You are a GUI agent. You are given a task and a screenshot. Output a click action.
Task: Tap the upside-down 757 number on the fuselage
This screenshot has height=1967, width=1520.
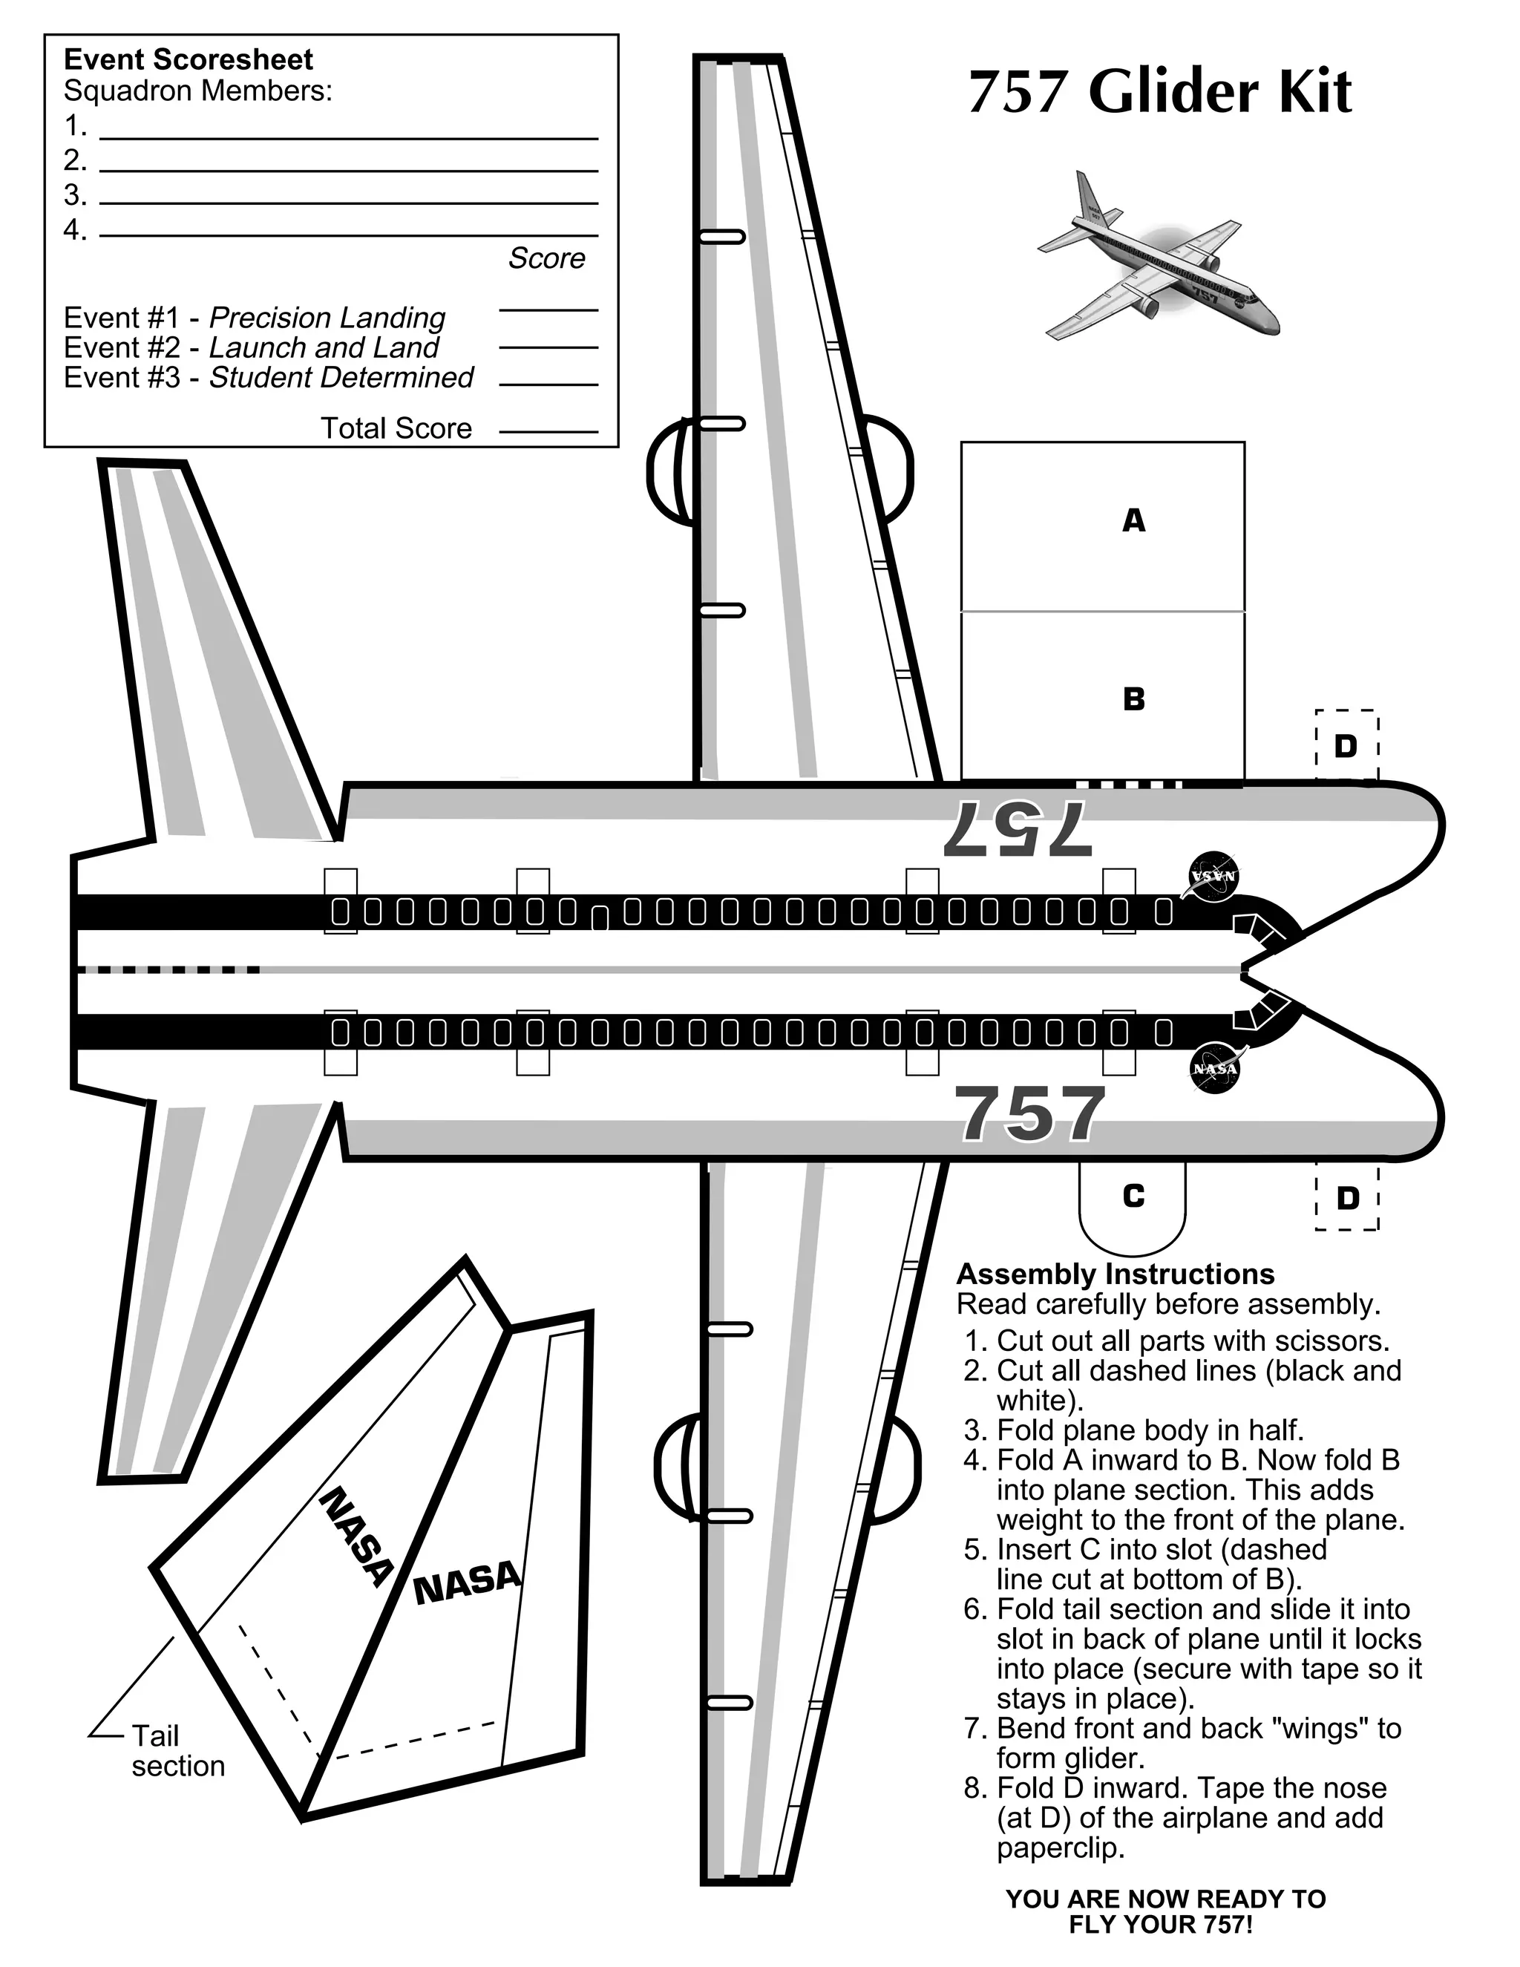pyautogui.click(x=1018, y=828)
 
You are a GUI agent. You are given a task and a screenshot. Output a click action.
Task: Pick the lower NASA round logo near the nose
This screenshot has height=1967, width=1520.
pyautogui.click(x=1215, y=1069)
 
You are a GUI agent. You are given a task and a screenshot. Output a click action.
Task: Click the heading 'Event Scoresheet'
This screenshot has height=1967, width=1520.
pyautogui.click(x=189, y=60)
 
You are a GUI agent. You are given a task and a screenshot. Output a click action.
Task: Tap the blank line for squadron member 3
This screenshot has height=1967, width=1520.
pyautogui.click(x=349, y=202)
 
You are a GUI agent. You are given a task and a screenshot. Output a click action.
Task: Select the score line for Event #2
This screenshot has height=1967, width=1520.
pyautogui.click(x=548, y=346)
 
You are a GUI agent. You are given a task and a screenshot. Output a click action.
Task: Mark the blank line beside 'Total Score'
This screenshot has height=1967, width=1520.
pyautogui.click(x=548, y=431)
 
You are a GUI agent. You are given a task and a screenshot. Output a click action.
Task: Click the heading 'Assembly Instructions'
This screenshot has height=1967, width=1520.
pyautogui.click(x=1115, y=1274)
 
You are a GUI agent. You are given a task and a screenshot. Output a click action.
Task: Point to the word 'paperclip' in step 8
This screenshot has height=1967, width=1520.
pyautogui.click(x=1061, y=1848)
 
